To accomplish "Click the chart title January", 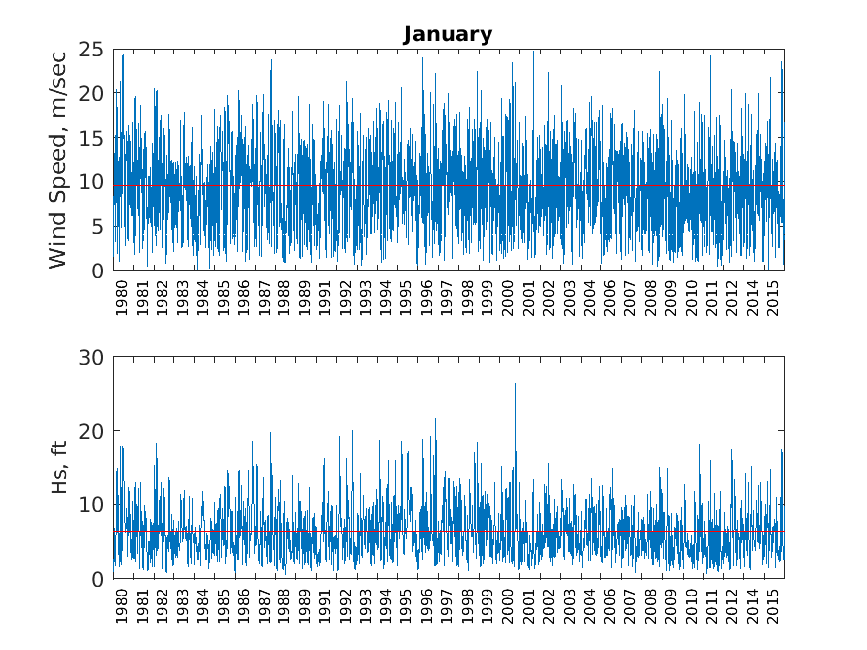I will [448, 34].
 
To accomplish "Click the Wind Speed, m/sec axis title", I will [58, 159].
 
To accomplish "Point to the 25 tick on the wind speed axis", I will [93, 49].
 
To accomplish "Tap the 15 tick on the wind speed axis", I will [93, 138].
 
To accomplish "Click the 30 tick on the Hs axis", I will [93, 357].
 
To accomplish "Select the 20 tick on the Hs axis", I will [93, 431].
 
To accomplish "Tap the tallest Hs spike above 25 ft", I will [515, 386].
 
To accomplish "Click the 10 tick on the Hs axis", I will [93, 504].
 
